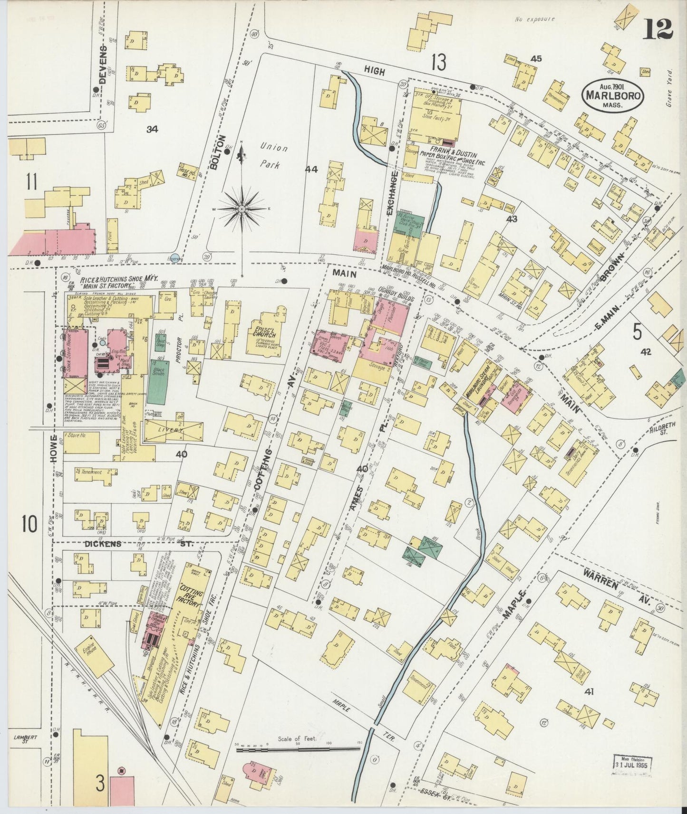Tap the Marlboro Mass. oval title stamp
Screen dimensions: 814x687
click(612, 96)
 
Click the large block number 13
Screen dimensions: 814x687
click(438, 62)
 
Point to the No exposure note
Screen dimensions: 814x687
click(534, 19)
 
